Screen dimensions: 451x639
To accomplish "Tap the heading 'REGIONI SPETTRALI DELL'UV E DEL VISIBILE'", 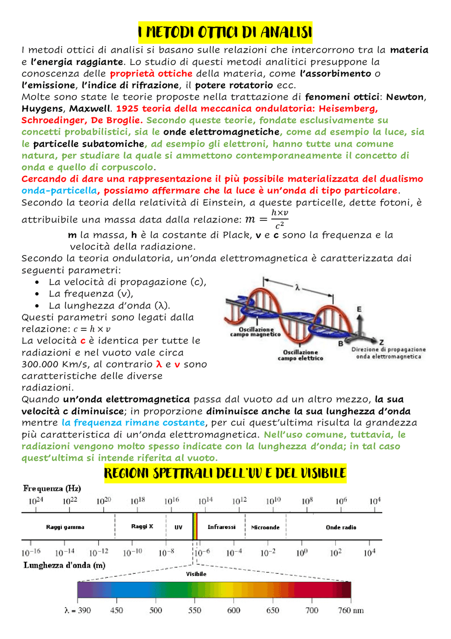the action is tap(225, 473).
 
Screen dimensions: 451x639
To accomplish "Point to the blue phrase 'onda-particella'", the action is tap(59, 191).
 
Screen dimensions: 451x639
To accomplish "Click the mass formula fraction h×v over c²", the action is tap(279, 219).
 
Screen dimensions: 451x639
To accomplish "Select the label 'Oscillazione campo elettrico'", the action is tap(300, 355).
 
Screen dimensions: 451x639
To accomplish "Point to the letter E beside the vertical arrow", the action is tap(359, 309).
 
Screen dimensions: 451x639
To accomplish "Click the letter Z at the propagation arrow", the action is tap(382, 342).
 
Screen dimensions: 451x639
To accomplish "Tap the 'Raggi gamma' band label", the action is tap(65, 527).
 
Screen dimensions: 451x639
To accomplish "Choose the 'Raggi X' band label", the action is tap(142, 526).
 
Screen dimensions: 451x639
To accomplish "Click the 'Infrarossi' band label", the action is tap(221, 527).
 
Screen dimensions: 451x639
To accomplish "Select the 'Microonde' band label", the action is tap(265, 528).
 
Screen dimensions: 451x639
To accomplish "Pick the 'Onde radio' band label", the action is tap(341, 528).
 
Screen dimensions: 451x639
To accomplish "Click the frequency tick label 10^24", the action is tap(35, 501).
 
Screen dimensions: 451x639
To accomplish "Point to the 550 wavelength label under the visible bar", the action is tap(194, 610).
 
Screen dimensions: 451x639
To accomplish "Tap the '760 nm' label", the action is tap(351, 610).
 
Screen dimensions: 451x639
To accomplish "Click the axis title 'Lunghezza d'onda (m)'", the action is tap(64, 565).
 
